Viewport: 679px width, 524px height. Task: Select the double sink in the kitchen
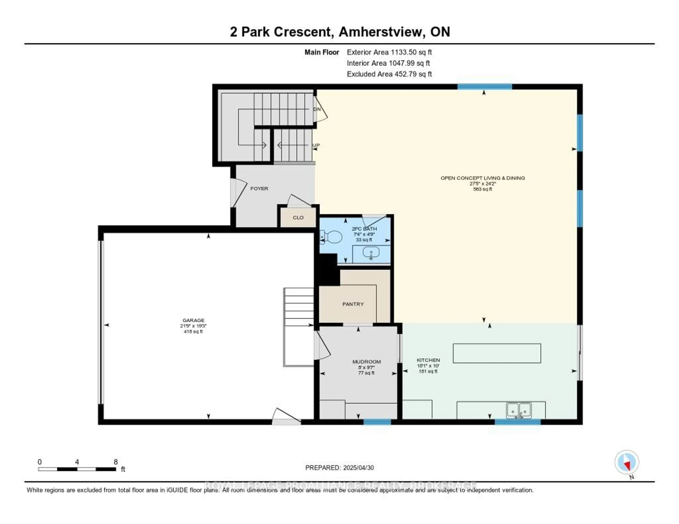point(519,411)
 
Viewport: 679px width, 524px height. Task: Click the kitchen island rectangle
point(497,353)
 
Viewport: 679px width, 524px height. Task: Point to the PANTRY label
point(353,304)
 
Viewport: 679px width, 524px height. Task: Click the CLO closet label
point(298,218)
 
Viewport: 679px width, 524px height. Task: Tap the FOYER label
point(259,189)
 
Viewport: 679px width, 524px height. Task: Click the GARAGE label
point(193,320)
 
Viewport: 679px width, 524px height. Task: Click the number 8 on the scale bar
point(116,462)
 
